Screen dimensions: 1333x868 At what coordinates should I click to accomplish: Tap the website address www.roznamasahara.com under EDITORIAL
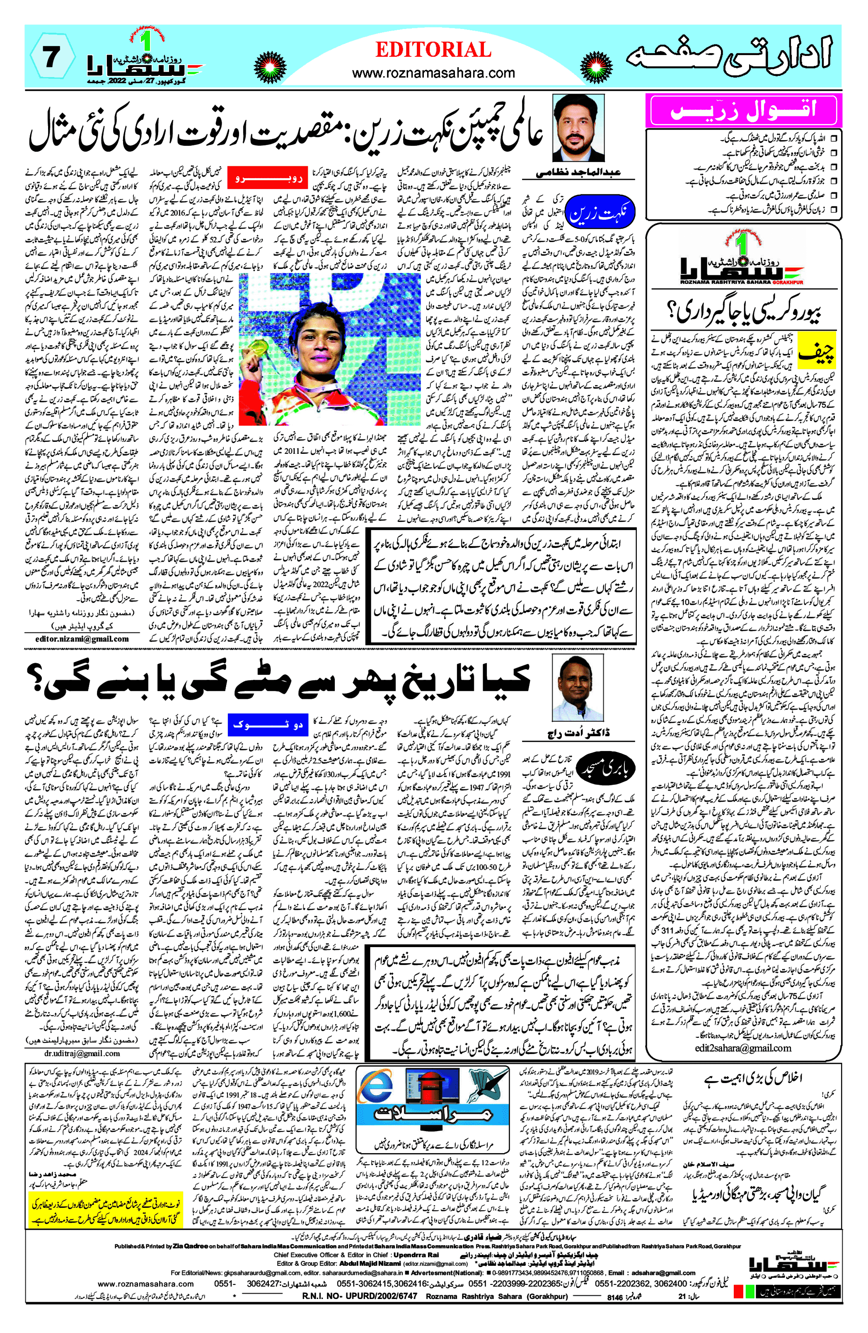pyautogui.click(x=433, y=73)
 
